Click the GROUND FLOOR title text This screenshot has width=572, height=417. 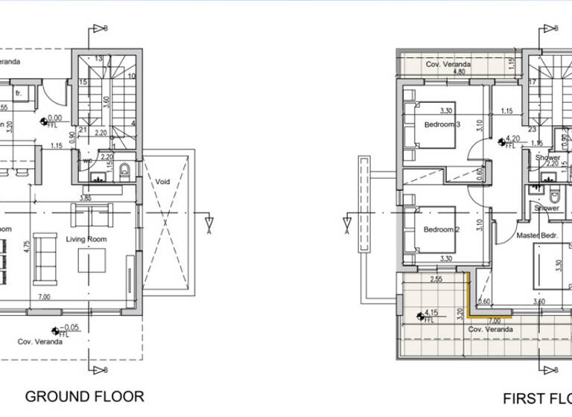point(84,396)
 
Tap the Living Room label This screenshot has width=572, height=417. point(86,239)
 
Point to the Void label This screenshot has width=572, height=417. point(164,181)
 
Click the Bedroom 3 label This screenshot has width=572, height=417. point(440,124)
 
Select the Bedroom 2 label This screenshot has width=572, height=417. point(440,229)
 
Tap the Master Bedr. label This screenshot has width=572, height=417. point(538,235)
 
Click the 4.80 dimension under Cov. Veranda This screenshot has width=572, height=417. point(460,73)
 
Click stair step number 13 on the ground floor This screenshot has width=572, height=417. point(98,57)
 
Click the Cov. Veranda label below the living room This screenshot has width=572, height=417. point(39,342)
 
